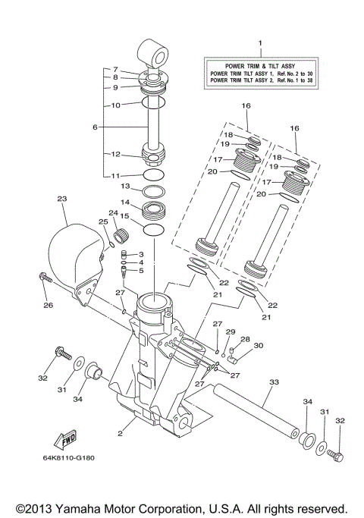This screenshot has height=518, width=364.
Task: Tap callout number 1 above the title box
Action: (x=260, y=44)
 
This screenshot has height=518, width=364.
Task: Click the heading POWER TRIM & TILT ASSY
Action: (x=260, y=66)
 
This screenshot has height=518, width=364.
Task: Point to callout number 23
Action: (x=62, y=199)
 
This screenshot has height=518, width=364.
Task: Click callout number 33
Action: (x=273, y=383)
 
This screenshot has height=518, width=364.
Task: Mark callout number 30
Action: (x=258, y=346)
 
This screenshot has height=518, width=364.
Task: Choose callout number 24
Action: (x=113, y=213)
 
